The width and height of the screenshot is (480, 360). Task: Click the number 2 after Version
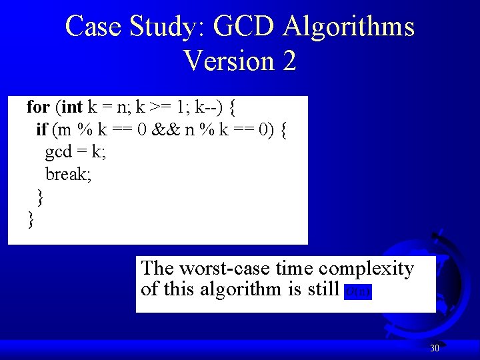[289, 61]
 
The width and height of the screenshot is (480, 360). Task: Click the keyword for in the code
[38, 107]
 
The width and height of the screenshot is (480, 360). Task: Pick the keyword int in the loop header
[71, 107]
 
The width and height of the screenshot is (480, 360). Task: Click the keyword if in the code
[41, 129]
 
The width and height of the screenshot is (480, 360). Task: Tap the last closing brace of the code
[30, 219]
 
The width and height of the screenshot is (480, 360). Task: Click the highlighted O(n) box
[358, 291]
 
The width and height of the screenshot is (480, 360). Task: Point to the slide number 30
[435, 348]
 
